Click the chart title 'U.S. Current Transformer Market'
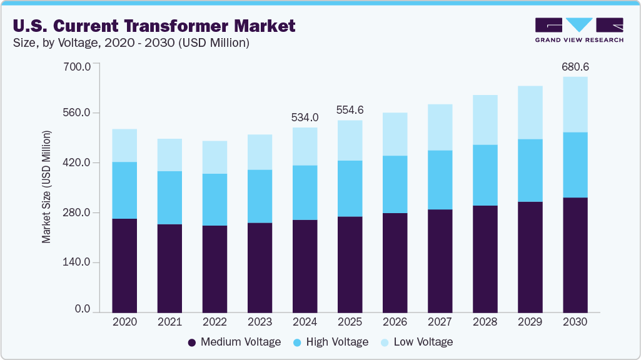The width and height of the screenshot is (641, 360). coord(153,26)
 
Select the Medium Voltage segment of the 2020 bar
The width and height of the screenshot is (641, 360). coord(124,265)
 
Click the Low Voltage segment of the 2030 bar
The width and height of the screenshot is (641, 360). coord(575,104)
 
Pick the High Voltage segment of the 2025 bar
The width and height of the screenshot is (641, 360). coord(350,189)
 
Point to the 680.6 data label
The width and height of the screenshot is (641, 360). coord(575,67)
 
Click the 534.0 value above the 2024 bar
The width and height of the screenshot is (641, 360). coord(305,117)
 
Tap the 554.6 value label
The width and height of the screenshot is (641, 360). coord(350,110)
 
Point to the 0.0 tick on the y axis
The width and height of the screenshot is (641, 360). coord(83,309)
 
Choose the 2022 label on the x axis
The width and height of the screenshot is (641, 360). coord(215,322)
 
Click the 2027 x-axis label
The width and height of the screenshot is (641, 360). coord(440,322)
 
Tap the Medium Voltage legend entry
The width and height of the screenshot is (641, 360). coord(234,342)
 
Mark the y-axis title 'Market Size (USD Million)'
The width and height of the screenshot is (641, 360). coord(47,187)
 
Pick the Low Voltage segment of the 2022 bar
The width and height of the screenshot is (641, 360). coord(215,157)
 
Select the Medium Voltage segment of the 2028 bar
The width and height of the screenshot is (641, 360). coord(485,258)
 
